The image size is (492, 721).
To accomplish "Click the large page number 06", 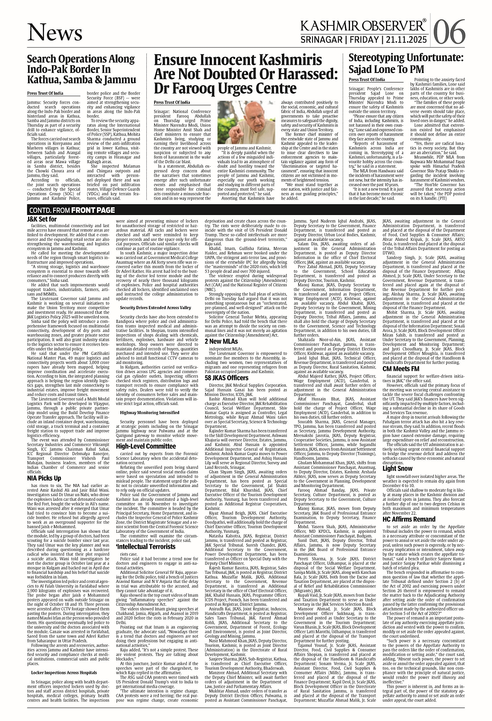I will pyautogui.click(x=449, y=31).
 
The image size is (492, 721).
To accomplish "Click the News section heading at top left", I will pyautogui.click(x=55, y=32).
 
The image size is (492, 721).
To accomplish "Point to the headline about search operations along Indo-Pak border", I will pyautogui.click(x=81, y=69).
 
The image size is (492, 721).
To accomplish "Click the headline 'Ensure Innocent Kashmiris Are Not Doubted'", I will pyautogui.click(x=245, y=73).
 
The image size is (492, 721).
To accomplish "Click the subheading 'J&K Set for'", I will pyautogui.click(x=41, y=219).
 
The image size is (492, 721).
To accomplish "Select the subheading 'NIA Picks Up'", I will pyautogui.click(x=44, y=478).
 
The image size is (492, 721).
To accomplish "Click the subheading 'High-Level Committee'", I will pyautogui.click(x=146, y=446).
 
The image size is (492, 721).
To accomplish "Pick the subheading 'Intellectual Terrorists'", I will pyautogui.click(x=145, y=546).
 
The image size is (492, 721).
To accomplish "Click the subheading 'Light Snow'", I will pyautogui.click(x=397, y=468).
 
